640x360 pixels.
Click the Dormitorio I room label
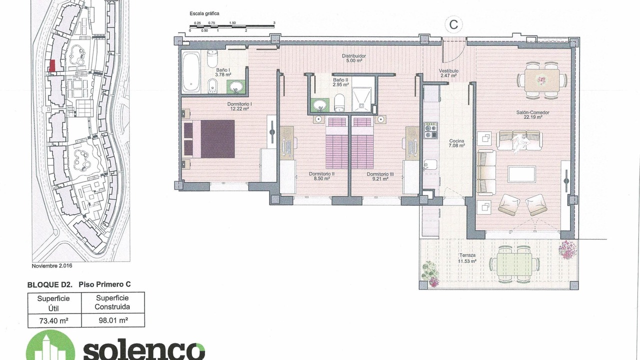click(x=239, y=106)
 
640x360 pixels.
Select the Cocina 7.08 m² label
click(x=456, y=143)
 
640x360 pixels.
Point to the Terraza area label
click(x=467, y=258)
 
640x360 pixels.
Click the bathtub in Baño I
click(x=191, y=71)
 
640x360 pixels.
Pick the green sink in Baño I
click(x=236, y=87)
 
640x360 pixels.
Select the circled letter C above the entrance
click(x=453, y=24)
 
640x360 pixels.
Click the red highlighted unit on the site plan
click(x=52, y=65)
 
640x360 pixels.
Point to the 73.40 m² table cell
click(x=54, y=320)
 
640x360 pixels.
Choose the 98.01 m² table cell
click(x=113, y=320)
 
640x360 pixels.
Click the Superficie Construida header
click(x=112, y=302)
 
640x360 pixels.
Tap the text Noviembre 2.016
click(x=52, y=265)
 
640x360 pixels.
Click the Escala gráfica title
click(x=204, y=13)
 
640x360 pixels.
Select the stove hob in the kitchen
click(x=430, y=130)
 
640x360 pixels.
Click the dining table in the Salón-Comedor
click(x=542, y=80)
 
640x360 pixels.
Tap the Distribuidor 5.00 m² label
click(x=354, y=58)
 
